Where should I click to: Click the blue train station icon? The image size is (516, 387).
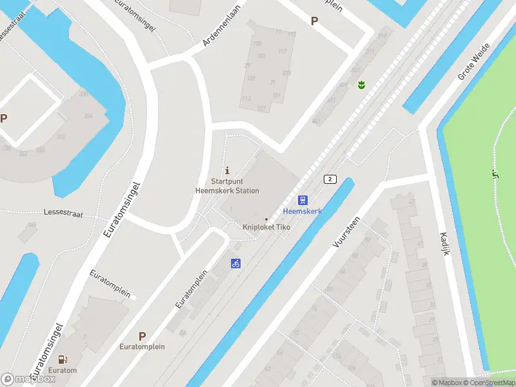[303, 201]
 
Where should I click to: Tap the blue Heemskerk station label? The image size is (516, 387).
[303, 212]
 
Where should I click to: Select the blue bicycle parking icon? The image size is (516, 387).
[236, 263]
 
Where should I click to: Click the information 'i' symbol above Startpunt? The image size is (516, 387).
[227, 170]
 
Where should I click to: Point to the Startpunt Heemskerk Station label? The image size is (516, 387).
[227, 186]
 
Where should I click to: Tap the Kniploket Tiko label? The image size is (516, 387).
[266, 227]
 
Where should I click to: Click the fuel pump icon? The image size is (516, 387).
[63, 360]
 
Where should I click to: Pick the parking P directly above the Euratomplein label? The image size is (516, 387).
[142, 336]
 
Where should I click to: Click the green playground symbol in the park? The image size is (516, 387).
[495, 174]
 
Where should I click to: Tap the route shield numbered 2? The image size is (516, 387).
[330, 179]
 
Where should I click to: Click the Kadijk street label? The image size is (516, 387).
[444, 243]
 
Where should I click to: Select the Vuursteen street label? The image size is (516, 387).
[346, 233]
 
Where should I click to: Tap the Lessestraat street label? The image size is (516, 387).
[63, 212]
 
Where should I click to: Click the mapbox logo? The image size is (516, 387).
[28, 379]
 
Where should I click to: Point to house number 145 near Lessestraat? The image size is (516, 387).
[32, 225]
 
